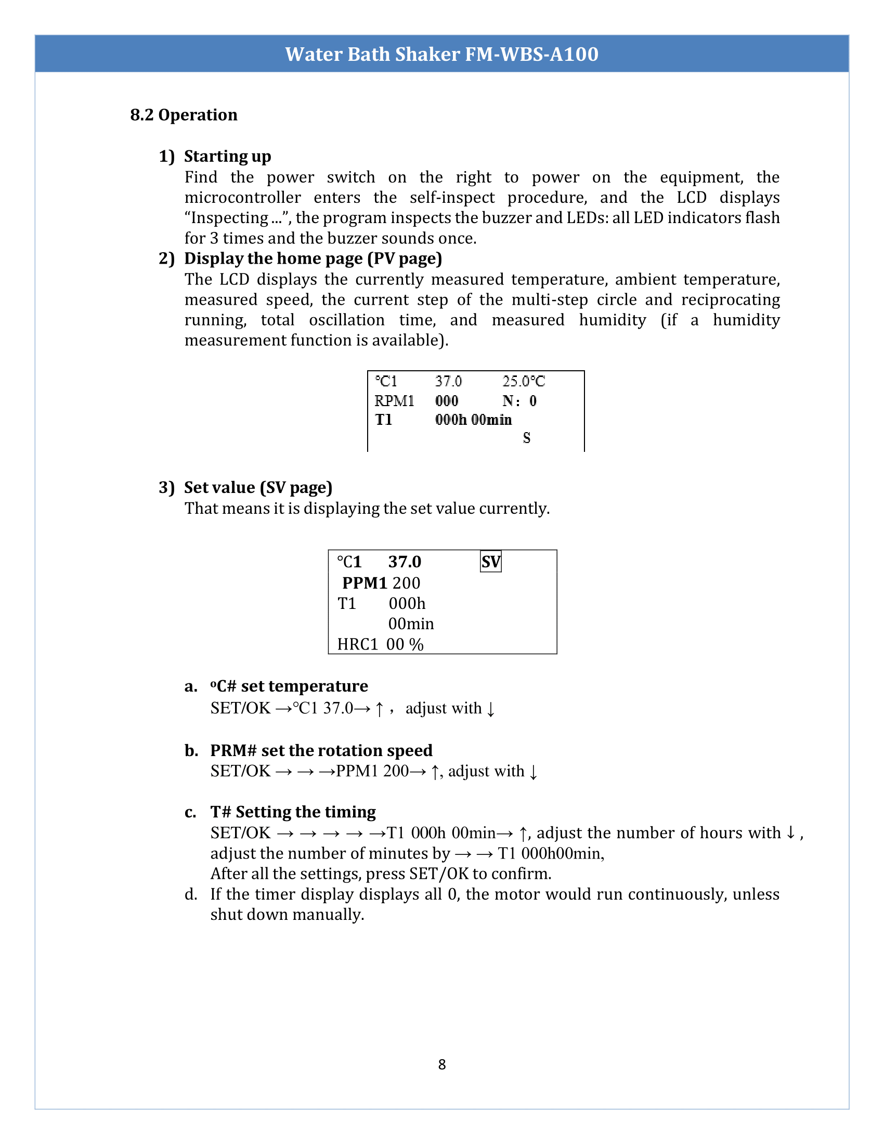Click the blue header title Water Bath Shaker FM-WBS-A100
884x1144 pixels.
pyautogui.click(x=441, y=54)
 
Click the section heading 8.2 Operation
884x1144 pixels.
pyautogui.click(x=183, y=115)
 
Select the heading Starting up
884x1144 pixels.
pyautogui.click(x=227, y=156)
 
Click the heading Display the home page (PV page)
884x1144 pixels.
pyautogui.click(x=313, y=259)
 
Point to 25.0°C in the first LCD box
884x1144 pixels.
pyautogui.click(x=523, y=381)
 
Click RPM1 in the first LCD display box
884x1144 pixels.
pyautogui.click(x=394, y=401)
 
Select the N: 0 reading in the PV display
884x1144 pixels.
pyautogui.click(x=519, y=401)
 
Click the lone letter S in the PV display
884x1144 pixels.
pyautogui.click(x=526, y=438)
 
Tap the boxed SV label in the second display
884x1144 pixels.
pyautogui.click(x=491, y=562)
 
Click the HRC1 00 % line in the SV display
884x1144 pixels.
pyautogui.click(x=380, y=644)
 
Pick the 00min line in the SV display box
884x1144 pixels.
pyautogui.click(x=411, y=624)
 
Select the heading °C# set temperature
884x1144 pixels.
pyautogui.click(x=289, y=686)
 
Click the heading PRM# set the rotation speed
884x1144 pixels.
pyautogui.click(x=321, y=750)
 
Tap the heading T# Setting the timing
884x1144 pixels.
pyautogui.click(x=293, y=812)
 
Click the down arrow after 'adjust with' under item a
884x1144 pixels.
pyautogui.click(x=490, y=709)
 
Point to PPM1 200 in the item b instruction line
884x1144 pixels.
pyautogui.click(x=372, y=771)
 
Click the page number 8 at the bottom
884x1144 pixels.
pyautogui.click(x=441, y=1064)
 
